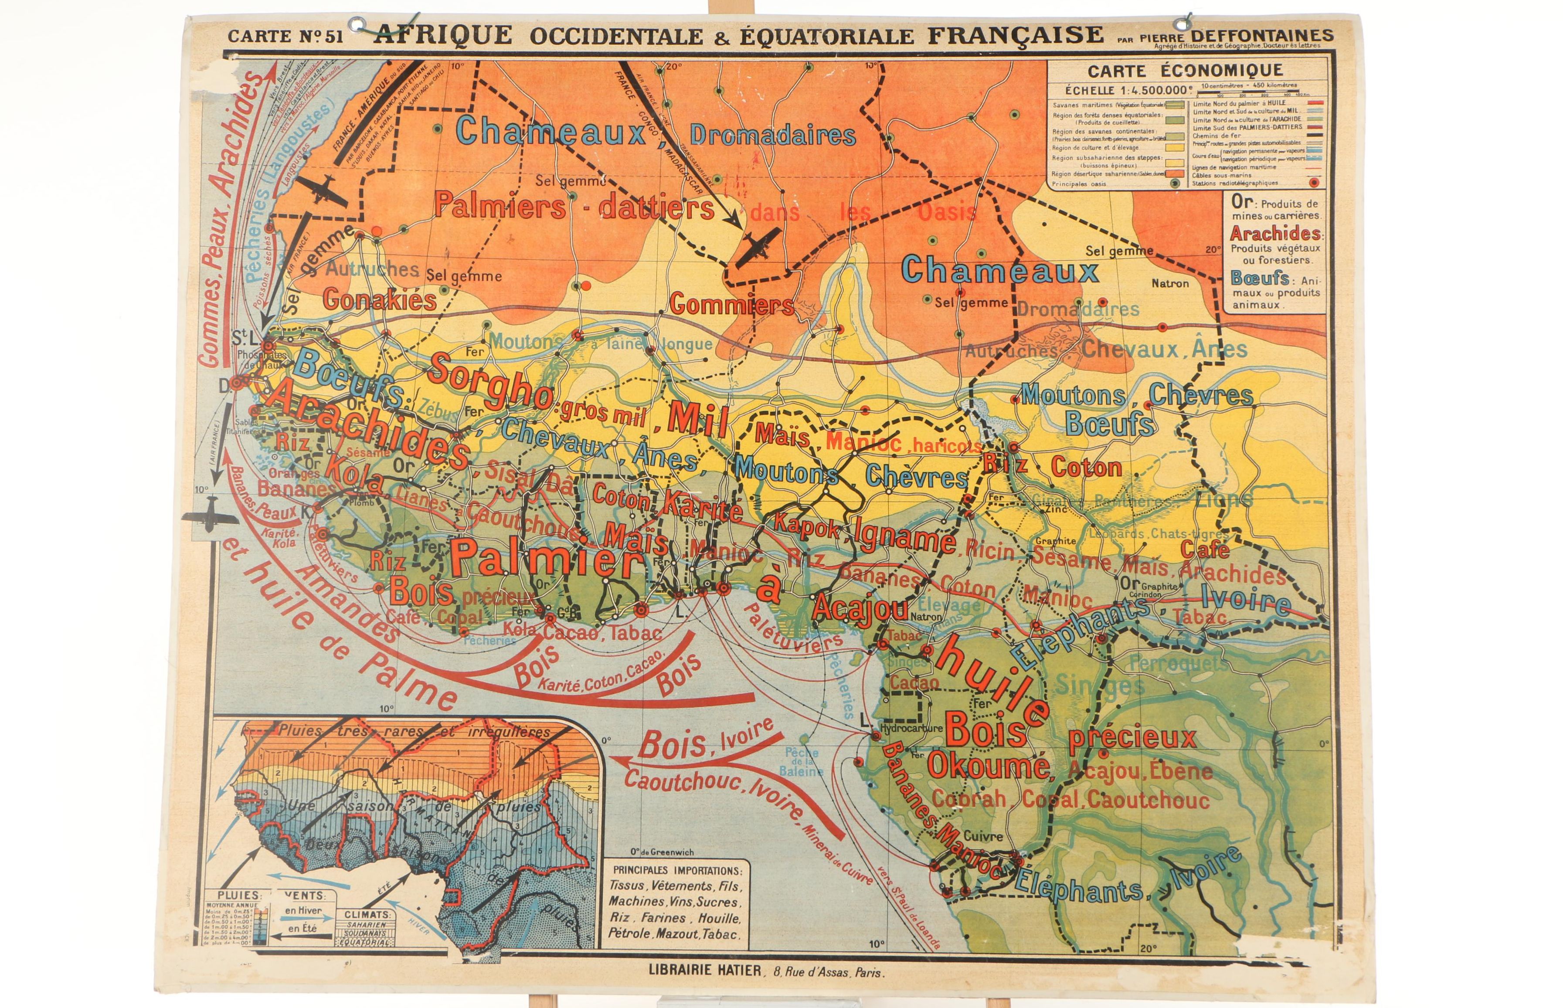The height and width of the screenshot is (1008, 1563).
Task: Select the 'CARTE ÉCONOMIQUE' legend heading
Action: click(x=1176, y=70)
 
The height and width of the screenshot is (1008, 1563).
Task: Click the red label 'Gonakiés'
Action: click(x=380, y=300)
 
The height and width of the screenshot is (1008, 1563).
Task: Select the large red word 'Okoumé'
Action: click(x=989, y=765)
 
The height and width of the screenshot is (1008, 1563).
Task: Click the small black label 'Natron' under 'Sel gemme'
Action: click(x=1170, y=283)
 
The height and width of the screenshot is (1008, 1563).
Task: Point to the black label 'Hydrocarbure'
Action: click(x=911, y=728)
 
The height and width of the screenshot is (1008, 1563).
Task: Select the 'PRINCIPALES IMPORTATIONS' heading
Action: click(x=677, y=871)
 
